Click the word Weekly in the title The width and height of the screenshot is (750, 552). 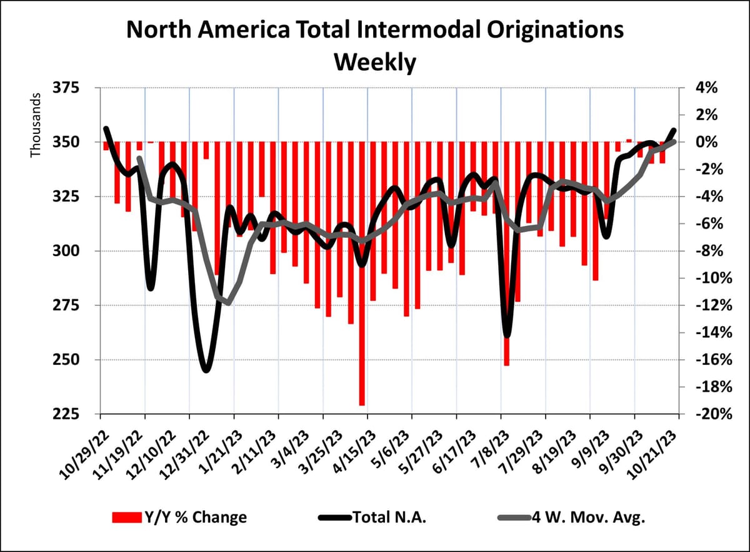pos(374,63)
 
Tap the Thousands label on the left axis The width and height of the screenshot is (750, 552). pos(36,125)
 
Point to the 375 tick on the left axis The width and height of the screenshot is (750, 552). pos(74,88)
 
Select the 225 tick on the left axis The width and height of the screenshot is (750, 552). pos(74,414)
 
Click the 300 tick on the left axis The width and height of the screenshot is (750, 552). pos(74,252)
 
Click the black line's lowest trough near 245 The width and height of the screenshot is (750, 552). pos(206,370)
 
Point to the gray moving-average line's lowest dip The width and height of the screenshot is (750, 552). pos(228,303)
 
